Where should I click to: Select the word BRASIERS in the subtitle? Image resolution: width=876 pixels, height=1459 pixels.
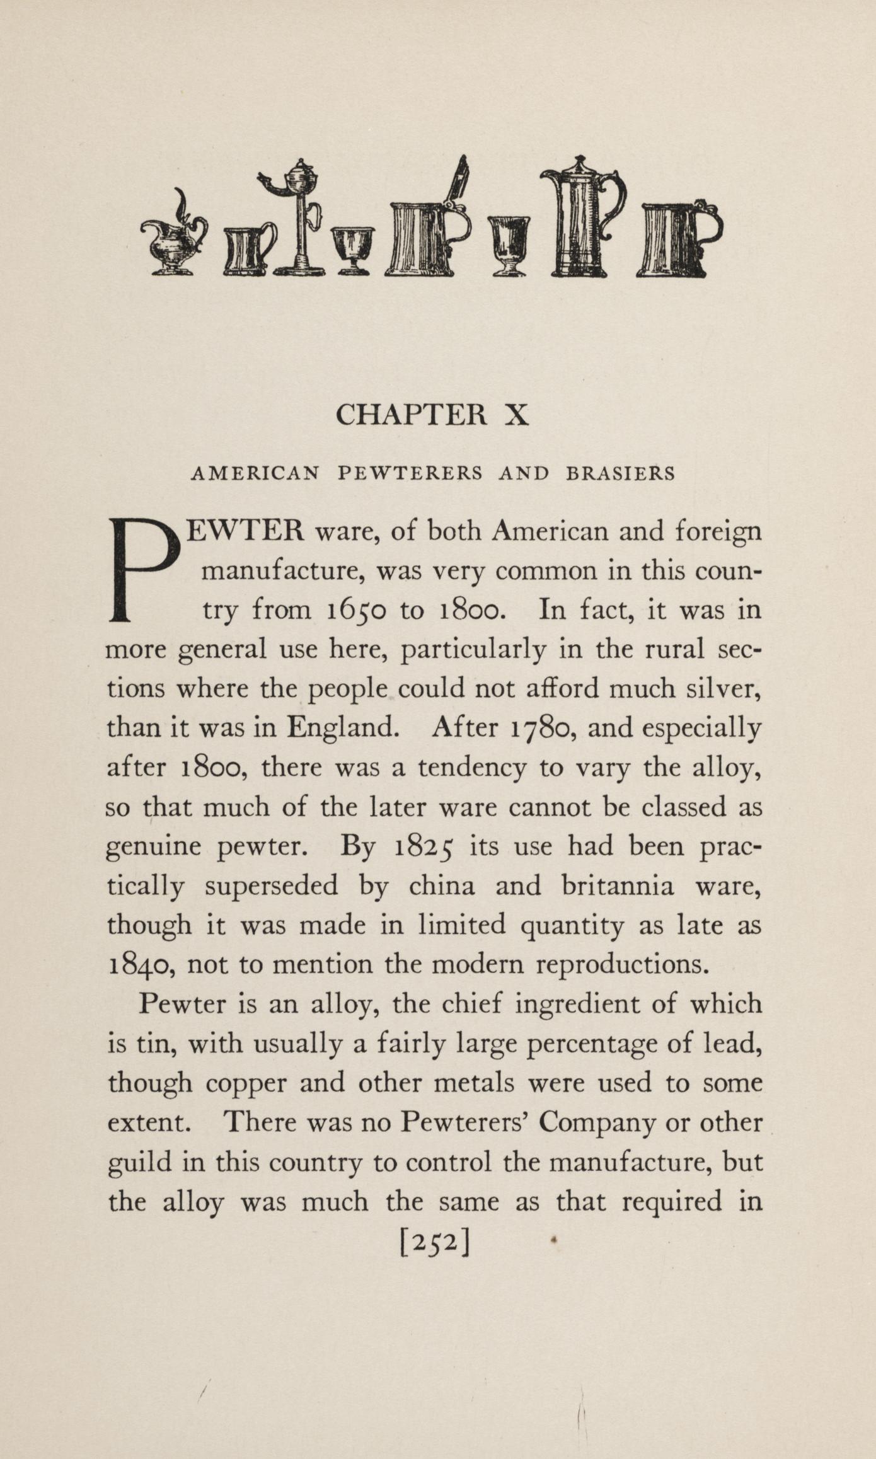(620, 473)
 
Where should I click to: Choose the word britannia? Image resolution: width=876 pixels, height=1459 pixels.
(617, 886)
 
